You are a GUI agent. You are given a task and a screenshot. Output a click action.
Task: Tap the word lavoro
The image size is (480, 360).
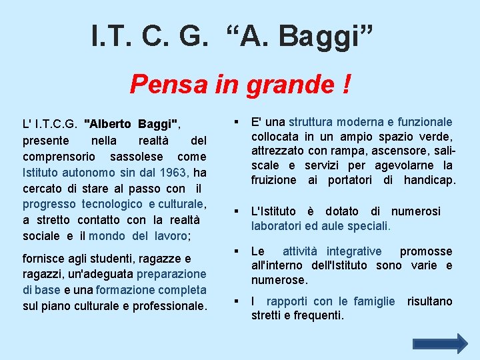[170, 236]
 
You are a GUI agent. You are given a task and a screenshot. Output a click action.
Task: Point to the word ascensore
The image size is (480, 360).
[392, 151]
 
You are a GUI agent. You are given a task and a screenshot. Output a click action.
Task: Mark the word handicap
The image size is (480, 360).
[429, 180]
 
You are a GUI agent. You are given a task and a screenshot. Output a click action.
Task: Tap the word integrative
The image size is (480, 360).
[351, 251]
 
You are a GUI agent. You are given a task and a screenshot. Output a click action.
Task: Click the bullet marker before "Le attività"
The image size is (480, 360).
[237, 251]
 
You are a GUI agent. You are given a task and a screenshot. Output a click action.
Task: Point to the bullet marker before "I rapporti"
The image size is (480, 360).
[237, 301]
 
